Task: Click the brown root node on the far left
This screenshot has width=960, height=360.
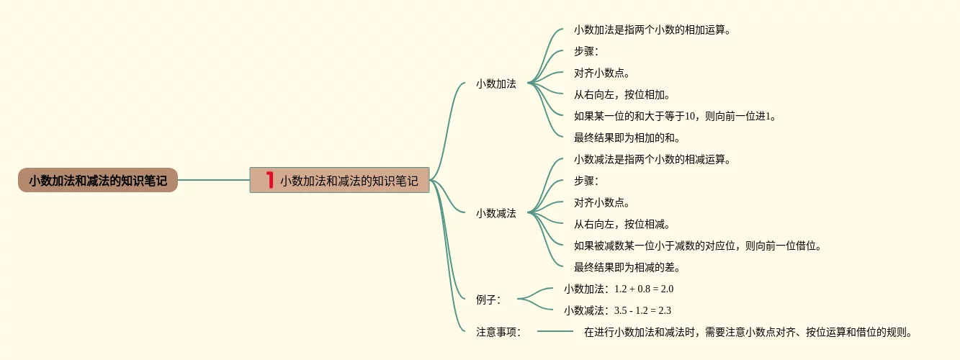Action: [x=98, y=181]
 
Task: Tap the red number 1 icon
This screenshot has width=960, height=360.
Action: [x=270, y=180]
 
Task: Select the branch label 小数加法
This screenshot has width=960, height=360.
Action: [x=496, y=84]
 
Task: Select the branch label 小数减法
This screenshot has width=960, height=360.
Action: [x=496, y=213]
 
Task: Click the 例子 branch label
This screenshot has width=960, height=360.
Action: [x=488, y=300]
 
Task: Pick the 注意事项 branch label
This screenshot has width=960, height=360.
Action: [x=498, y=332]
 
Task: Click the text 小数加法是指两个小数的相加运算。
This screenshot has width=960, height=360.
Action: [x=652, y=30]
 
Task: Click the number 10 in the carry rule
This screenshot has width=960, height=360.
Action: [x=690, y=116]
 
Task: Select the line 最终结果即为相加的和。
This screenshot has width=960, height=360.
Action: [x=627, y=138]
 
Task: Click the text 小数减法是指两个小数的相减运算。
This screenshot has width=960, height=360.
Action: [x=652, y=159]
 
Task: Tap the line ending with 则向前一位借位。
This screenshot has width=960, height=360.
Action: [x=697, y=246]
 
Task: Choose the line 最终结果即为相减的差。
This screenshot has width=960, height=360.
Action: [x=627, y=267]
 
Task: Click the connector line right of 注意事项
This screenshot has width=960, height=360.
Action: [x=555, y=331]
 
